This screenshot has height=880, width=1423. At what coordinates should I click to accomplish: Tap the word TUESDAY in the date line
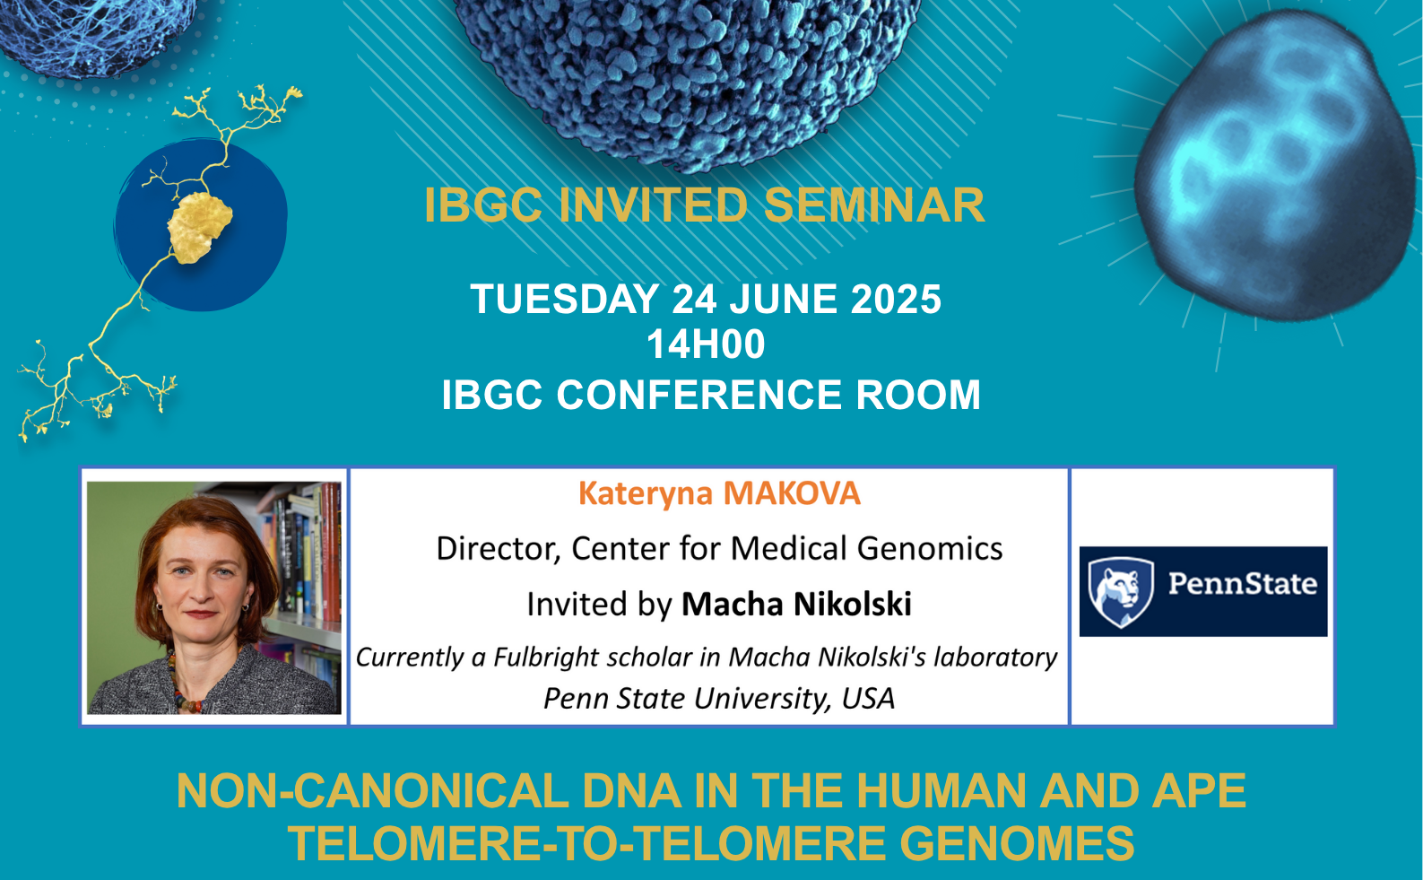[x=565, y=300]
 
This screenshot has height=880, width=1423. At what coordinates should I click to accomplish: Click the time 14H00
[x=706, y=344]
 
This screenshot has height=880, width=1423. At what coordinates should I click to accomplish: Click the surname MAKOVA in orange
[x=792, y=493]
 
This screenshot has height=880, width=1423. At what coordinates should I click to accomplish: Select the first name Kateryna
[x=646, y=494]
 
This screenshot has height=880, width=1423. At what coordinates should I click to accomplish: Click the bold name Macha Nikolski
[x=796, y=604]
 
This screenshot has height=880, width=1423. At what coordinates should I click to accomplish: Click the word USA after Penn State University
[x=868, y=698]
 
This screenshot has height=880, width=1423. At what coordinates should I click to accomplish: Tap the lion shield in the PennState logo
[x=1120, y=591]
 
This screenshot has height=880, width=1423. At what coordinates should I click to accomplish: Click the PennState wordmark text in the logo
[x=1242, y=584]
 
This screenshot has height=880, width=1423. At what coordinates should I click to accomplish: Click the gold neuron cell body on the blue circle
[x=200, y=227]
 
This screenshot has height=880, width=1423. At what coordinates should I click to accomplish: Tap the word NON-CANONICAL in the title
[x=372, y=791]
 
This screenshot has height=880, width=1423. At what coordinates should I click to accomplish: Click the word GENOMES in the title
[x=1017, y=844]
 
